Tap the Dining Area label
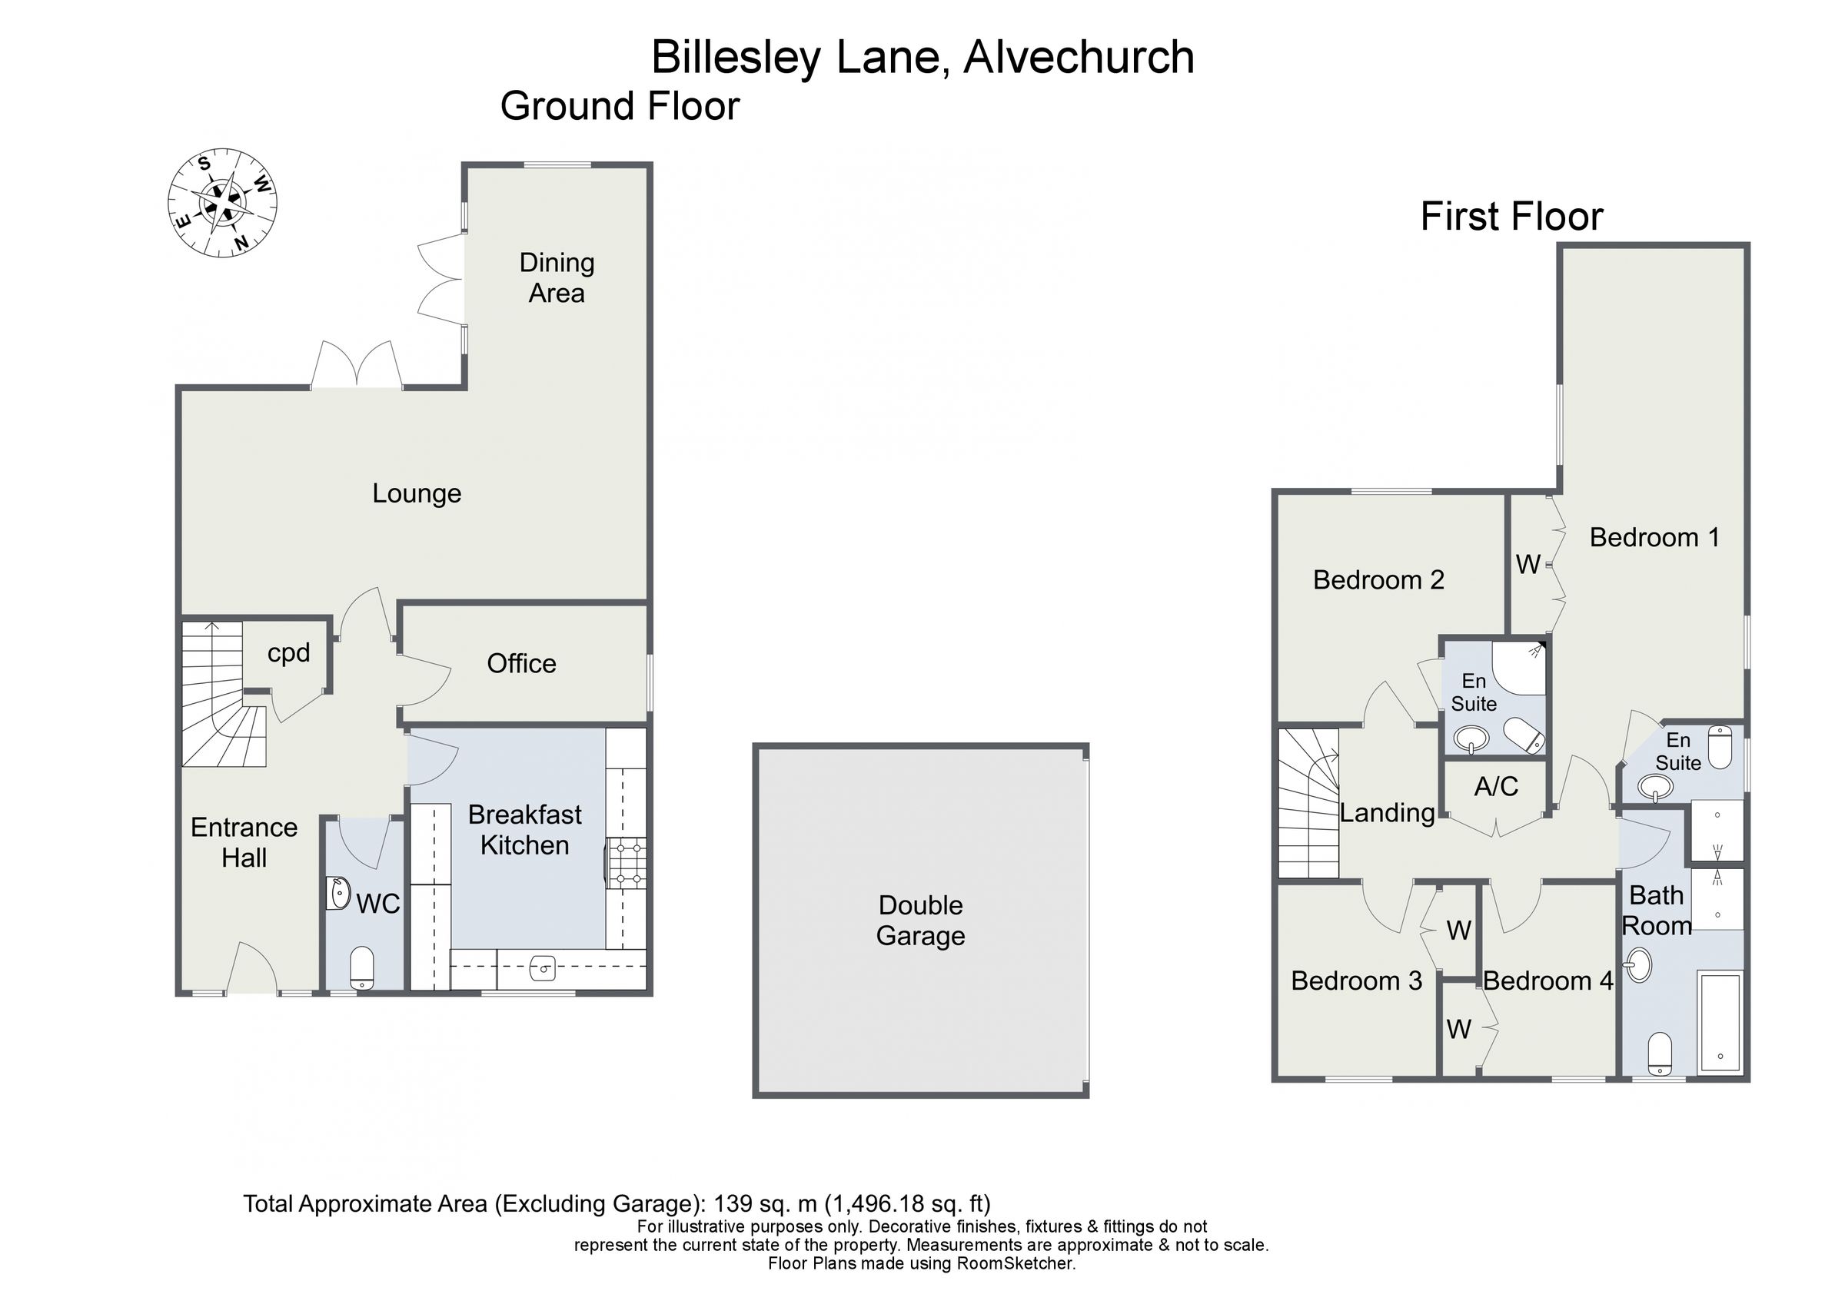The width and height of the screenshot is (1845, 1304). point(557,278)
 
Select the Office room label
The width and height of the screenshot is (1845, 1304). point(521,664)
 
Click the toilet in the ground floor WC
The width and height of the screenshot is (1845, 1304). point(362,967)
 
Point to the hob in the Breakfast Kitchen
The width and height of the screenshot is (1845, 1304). point(627,864)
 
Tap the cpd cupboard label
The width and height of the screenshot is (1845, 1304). point(288,652)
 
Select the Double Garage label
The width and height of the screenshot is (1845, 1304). point(921,921)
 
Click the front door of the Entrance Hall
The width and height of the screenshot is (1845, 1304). point(252,971)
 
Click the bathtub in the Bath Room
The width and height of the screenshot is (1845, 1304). point(1720,1022)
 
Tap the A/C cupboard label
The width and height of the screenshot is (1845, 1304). point(1496,787)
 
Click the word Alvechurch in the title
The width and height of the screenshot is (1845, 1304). point(1079,58)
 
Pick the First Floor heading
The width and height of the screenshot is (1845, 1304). point(1511,217)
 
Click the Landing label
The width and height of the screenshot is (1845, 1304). point(1388,813)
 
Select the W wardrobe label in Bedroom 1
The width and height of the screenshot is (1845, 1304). point(1528,565)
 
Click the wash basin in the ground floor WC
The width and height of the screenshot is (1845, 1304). point(339,894)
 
